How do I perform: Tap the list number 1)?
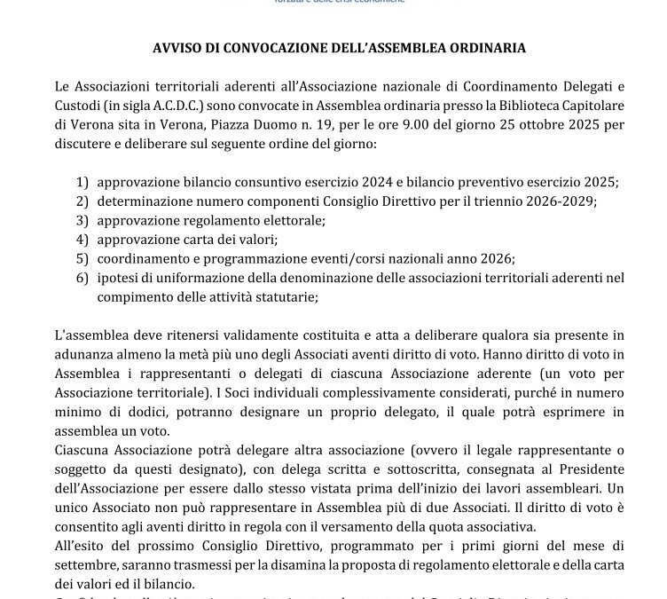pos(82,181)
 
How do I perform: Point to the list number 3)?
pos(82,220)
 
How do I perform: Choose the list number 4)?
pos(82,240)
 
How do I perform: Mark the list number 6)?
pos(82,279)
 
